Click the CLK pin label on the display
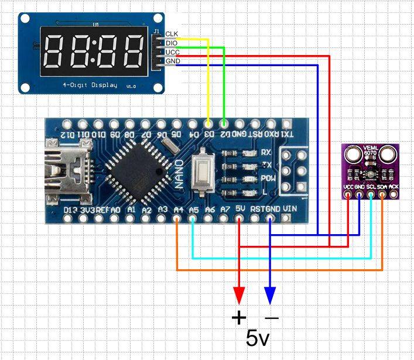click(x=172, y=34)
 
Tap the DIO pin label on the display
click(x=172, y=43)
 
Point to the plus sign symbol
click(x=239, y=318)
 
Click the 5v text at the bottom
click(x=258, y=338)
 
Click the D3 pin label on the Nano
click(x=208, y=134)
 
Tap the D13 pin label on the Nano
click(x=70, y=209)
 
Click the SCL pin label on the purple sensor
click(x=371, y=187)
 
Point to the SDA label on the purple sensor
click(x=382, y=187)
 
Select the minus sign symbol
click(x=272, y=318)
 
